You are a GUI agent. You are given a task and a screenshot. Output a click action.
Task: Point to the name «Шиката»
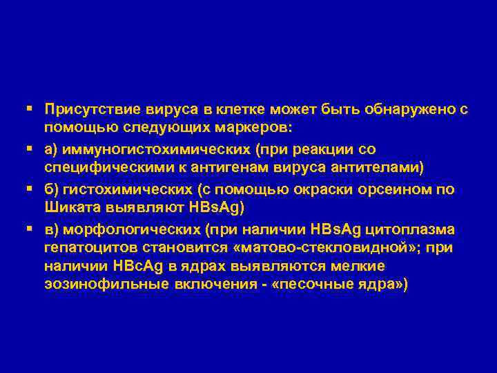pyautogui.click(x=70, y=207)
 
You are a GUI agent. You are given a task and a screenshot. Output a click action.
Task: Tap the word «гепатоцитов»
pyautogui.click(x=86, y=248)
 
